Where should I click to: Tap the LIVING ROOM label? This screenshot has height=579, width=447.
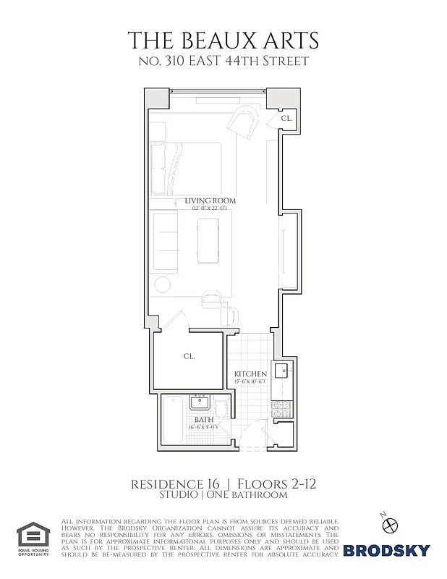coord(210,200)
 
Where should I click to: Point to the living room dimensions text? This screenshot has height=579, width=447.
coord(210,208)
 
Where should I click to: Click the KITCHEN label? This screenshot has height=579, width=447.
coord(250,374)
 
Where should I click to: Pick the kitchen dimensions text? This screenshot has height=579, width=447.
coord(250,382)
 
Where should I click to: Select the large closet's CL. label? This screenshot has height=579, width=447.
coord(190,356)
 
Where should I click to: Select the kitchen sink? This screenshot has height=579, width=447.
coord(283,373)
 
